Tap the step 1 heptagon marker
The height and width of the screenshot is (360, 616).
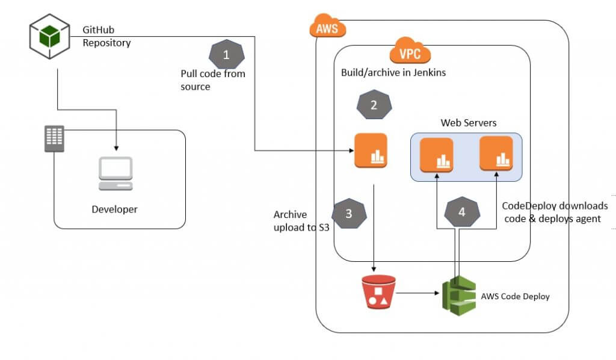226,55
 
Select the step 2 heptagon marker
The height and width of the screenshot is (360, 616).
374,105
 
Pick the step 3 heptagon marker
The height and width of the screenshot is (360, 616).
350,213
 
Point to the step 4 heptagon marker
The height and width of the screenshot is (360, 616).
462,212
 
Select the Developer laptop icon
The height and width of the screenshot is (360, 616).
115,174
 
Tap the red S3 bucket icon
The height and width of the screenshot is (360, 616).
379,293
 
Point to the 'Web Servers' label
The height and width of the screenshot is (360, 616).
469,123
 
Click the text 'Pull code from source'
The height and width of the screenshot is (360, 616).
213,80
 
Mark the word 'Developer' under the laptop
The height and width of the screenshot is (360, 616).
114,209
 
